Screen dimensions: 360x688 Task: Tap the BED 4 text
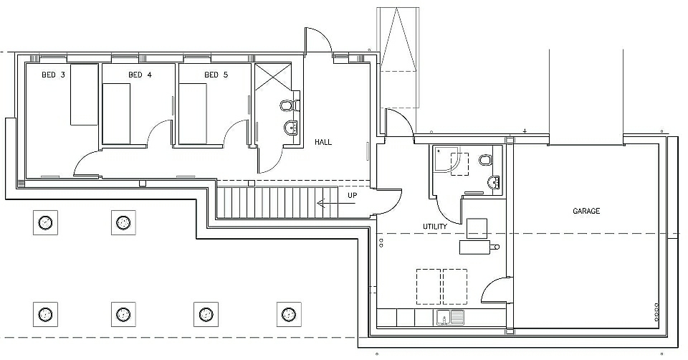pyautogui.click(x=140, y=75)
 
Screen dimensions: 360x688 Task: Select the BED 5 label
pyautogui.click(x=216, y=75)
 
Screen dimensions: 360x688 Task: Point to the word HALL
pyautogui.click(x=323, y=142)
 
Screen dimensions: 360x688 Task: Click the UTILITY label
pyautogui.click(x=435, y=227)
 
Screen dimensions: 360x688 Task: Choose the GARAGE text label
pyautogui.click(x=586, y=212)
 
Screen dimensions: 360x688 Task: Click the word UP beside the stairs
pyautogui.click(x=353, y=195)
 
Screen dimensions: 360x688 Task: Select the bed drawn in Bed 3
pyautogui.click(x=83, y=93)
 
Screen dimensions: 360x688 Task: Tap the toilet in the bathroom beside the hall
pyautogui.click(x=290, y=105)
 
